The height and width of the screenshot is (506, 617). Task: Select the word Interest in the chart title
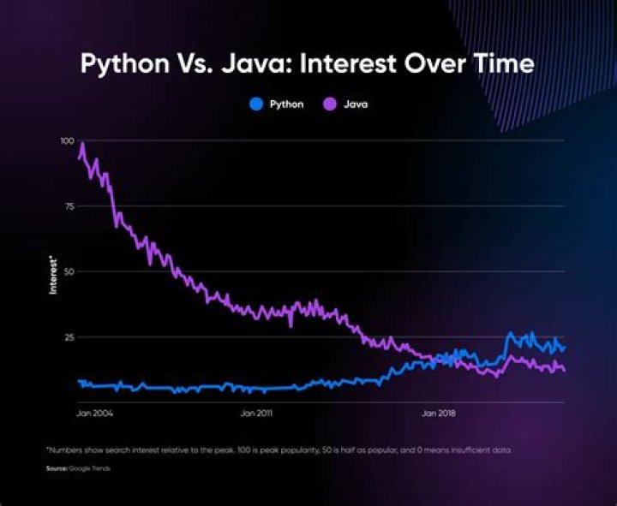347,65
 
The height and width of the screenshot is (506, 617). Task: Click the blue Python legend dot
255,104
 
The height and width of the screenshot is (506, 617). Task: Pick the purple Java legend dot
329,104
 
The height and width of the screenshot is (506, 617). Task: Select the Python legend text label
285,104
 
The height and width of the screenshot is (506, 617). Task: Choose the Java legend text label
356,104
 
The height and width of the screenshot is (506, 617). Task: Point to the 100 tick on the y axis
66,140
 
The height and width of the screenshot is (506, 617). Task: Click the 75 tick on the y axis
69,206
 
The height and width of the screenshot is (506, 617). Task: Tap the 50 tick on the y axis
69,271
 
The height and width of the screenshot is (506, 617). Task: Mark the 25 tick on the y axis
69,337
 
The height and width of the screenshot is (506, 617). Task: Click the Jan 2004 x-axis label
95,414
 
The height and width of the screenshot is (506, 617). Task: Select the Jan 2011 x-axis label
256,414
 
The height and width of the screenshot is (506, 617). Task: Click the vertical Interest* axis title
53,273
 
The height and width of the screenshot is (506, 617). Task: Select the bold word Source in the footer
57,468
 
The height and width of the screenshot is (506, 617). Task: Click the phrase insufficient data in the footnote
485,449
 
